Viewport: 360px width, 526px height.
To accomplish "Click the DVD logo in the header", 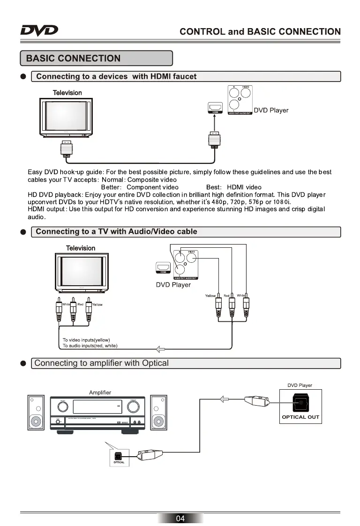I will coord(39,31).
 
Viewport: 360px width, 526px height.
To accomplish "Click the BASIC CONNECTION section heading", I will coord(73,59).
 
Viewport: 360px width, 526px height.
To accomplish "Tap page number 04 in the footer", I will coord(180,518).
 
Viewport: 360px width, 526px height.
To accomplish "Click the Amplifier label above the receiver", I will coord(100,392).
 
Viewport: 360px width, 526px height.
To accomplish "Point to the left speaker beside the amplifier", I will coord(36,413).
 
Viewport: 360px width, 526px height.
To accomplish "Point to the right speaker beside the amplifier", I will coord(158,413).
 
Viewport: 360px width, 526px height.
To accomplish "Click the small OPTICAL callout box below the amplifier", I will coord(119,457).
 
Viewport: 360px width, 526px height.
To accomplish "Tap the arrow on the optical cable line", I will coord(225,399).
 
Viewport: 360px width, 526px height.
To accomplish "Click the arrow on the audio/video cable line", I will coord(161,348).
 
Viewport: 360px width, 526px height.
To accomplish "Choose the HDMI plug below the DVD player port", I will coord(214,141).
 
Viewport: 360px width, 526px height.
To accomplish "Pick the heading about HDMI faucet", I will coord(116,76).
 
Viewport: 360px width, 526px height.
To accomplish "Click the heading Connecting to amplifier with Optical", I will coord(101,363).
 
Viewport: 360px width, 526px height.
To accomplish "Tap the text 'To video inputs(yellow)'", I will coord(86,340).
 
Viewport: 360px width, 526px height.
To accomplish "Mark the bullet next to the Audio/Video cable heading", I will coord(23,232).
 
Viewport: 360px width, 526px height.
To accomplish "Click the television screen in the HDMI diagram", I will coord(66,116).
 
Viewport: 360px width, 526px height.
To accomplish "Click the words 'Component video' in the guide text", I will coord(152,187).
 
